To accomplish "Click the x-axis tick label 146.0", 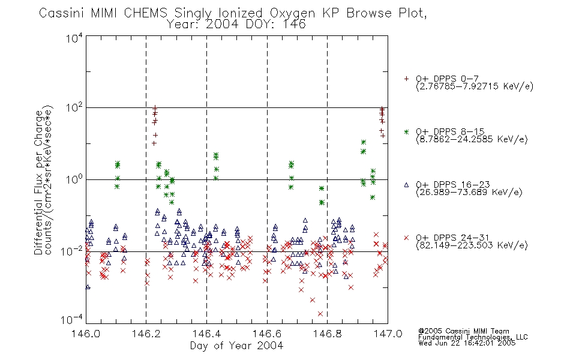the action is pyautogui.click(x=86, y=334).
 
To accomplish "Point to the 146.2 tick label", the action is pyautogui.click(x=146, y=334).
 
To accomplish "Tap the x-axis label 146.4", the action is pyautogui.click(x=206, y=334).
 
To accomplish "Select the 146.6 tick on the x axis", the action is pyautogui.click(x=267, y=334).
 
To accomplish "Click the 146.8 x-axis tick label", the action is pyautogui.click(x=328, y=334).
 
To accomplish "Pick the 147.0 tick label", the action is pyautogui.click(x=388, y=334).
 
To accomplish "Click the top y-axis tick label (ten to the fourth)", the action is pyautogui.click(x=74, y=38).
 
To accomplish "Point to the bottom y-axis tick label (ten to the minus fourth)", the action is pyautogui.click(x=72, y=320).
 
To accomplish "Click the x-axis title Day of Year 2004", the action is pyautogui.click(x=236, y=346).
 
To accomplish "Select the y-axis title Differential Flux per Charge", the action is pyautogui.click(x=38, y=182).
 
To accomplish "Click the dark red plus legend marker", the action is pyautogui.click(x=406, y=79).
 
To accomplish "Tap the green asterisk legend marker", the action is pyautogui.click(x=406, y=131).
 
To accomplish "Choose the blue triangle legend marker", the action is pyautogui.click(x=406, y=185).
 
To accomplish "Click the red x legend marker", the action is pyautogui.click(x=406, y=238).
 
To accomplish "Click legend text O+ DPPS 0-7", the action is pyautogui.click(x=447, y=79).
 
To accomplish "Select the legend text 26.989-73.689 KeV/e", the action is pyautogui.click(x=469, y=192).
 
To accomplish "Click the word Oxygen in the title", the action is pyautogui.click(x=292, y=13).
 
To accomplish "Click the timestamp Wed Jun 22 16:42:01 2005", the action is pyautogui.click(x=467, y=343).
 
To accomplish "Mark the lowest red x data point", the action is pyautogui.click(x=320, y=314).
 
